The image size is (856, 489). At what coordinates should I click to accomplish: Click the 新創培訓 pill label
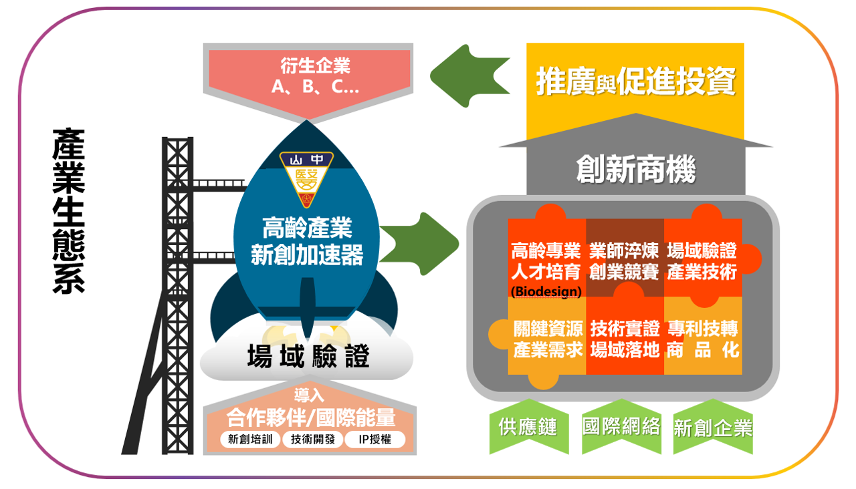[249, 439]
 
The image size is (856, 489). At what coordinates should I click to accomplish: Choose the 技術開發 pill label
[312, 439]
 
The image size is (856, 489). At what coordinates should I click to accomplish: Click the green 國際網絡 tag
[621, 426]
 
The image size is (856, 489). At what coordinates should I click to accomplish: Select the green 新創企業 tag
[713, 428]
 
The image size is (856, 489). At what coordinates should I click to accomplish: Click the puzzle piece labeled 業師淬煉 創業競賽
[625, 261]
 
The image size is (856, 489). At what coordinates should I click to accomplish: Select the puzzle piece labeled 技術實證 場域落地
[625, 339]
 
